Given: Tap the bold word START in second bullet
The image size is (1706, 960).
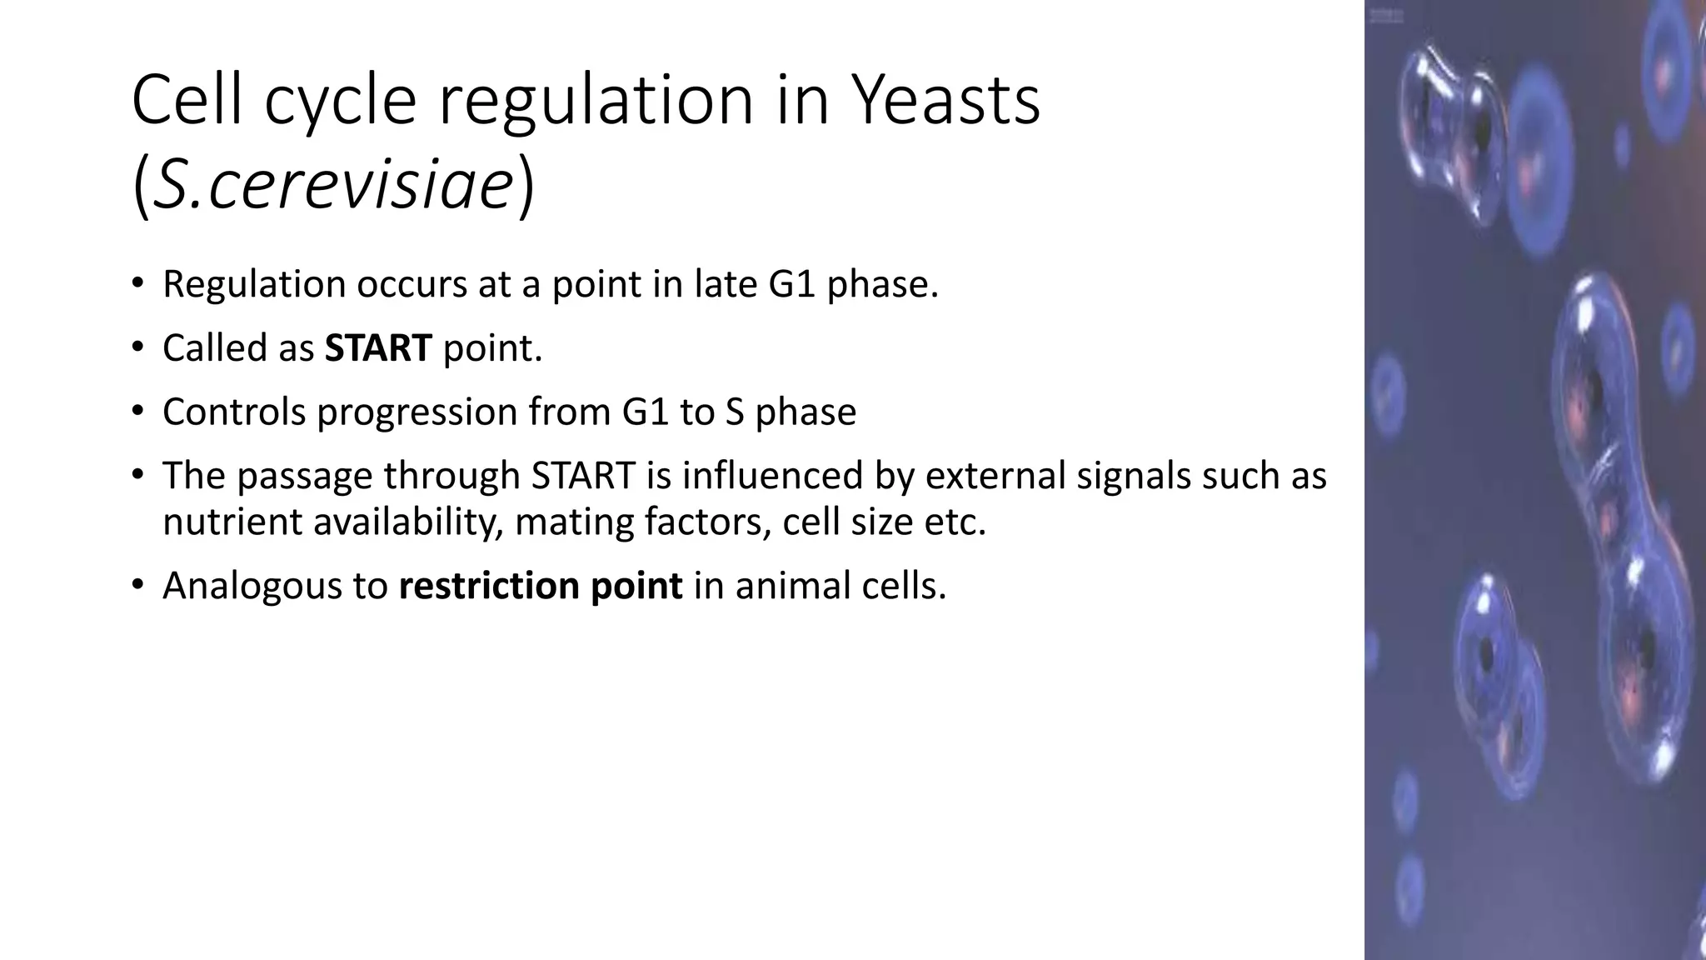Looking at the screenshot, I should (378, 348).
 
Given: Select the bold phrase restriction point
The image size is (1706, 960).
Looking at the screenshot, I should (541, 586).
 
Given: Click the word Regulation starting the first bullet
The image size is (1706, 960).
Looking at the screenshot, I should (254, 285).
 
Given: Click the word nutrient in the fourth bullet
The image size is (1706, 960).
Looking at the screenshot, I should (232, 522).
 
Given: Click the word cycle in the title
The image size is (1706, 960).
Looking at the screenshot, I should (340, 102).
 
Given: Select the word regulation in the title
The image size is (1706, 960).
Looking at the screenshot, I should (596, 102).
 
